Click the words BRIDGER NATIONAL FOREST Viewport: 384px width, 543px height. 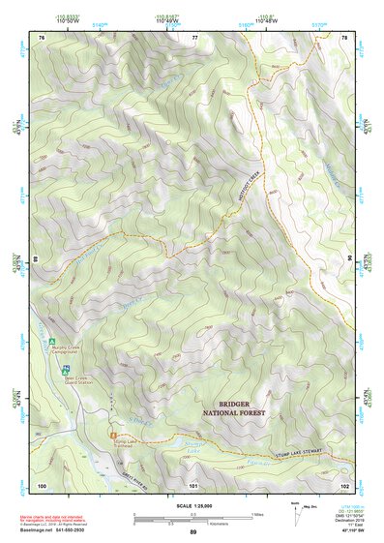click(x=234, y=407)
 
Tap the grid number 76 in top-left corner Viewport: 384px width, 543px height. click(x=42, y=37)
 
